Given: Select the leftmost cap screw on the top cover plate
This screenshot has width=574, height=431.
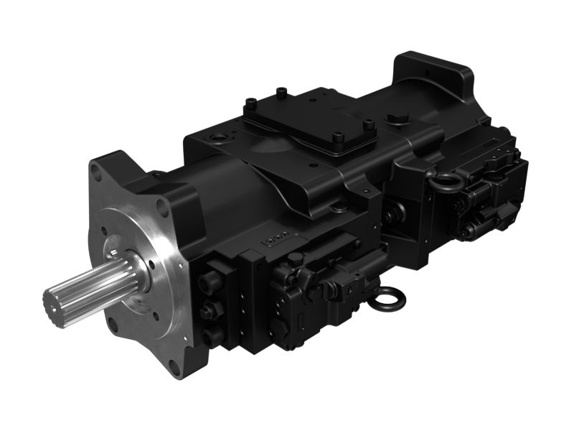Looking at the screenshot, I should click(252, 102).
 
